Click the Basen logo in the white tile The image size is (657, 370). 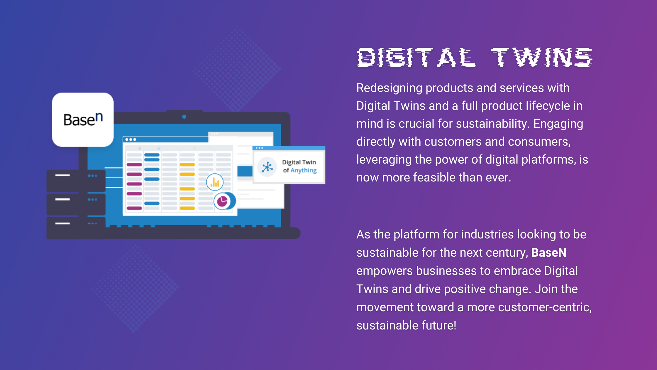coord(83,119)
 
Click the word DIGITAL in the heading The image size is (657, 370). coord(416,57)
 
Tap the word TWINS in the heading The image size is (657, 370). coord(542,57)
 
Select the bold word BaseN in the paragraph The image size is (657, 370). coord(549,253)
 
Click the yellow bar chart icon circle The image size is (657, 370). coord(215,182)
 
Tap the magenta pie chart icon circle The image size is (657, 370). coord(222,201)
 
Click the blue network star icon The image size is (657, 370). coord(267,167)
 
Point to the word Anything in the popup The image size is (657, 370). coord(304,171)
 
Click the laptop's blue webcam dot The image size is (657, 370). coord(184,117)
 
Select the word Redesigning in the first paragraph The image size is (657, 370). coord(389,88)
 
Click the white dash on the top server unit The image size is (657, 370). coord(62,175)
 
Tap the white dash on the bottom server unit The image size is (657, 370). coord(62,223)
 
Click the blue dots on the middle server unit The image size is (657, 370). coord(92,200)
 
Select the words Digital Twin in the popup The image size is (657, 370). coord(299,162)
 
